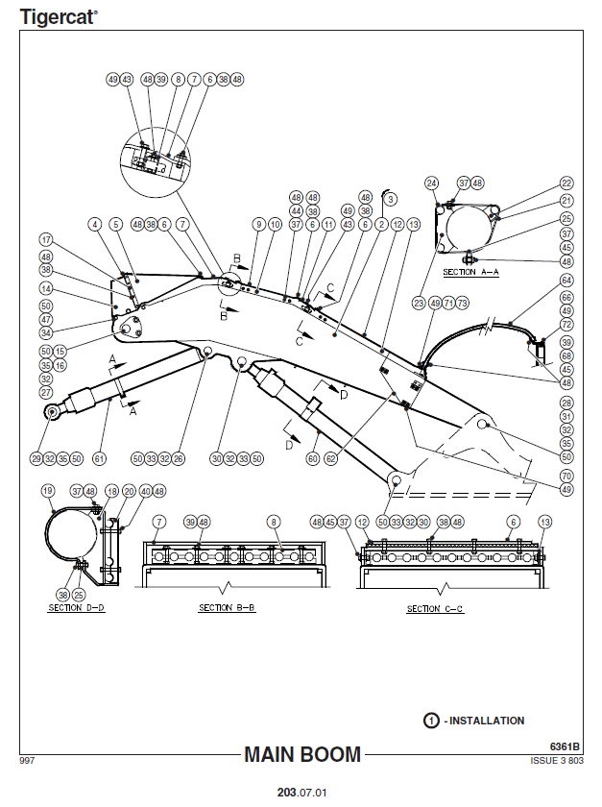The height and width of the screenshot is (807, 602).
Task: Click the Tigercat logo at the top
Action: point(58,15)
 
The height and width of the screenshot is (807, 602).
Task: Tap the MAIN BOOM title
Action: point(302,754)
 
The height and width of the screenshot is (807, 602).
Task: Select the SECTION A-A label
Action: point(470,273)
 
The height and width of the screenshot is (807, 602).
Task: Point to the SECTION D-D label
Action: point(77,608)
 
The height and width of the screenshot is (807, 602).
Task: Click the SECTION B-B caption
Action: point(227,608)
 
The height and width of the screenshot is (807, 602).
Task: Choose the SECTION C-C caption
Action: point(435,609)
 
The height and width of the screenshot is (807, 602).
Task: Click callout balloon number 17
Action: point(45,239)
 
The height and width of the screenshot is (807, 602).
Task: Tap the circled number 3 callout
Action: point(391,198)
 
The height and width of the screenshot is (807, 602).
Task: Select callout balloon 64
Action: point(566,281)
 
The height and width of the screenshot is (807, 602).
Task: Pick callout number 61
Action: point(99,458)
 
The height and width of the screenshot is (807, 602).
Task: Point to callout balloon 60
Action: point(312,458)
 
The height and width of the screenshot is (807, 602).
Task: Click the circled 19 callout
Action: point(48,491)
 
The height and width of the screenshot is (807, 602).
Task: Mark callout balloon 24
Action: point(432,183)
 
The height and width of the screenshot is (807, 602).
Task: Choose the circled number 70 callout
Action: point(566,476)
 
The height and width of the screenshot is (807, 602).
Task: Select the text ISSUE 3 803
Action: point(557,760)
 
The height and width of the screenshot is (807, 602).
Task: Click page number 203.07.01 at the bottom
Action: point(301,794)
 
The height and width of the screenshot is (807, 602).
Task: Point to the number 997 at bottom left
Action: point(27,760)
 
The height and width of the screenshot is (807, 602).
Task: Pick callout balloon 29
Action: point(36,458)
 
